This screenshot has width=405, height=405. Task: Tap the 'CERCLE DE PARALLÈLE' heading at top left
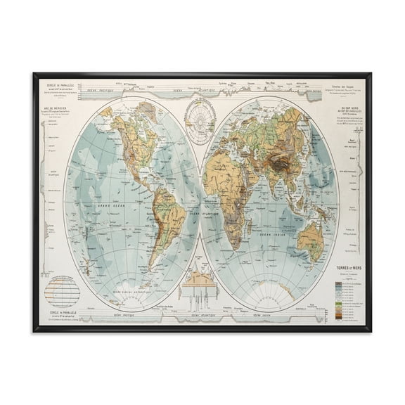(x=60, y=86)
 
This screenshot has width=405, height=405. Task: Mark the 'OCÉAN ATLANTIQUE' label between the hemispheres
(x=202, y=214)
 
